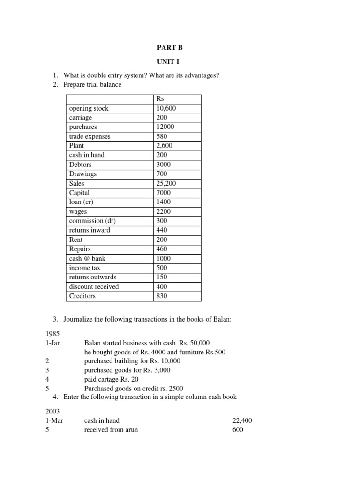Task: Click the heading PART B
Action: click(167, 48)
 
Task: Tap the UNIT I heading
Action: click(167, 62)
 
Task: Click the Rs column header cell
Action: click(160, 99)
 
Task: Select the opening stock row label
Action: click(89, 108)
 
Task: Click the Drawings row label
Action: click(82, 174)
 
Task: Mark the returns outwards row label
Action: click(92, 277)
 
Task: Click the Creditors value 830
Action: click(161, 296)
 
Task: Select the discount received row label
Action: click(94, 286)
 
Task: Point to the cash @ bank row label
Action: click(87, 258)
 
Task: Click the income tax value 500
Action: click(161, 268)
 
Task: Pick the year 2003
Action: click(53, 411)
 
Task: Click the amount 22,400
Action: click(242, 420)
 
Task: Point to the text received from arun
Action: click(111, 430)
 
